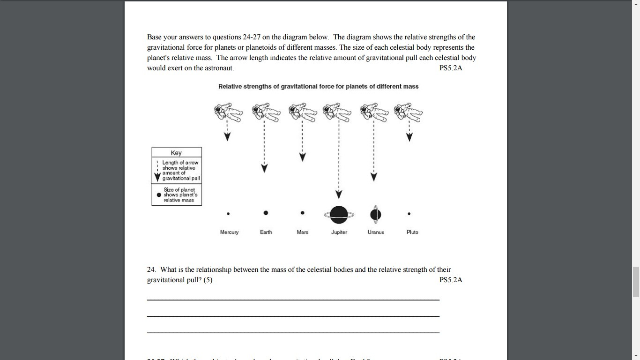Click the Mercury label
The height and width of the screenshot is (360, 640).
point(229,232)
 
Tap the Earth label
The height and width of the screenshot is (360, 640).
point(266,232)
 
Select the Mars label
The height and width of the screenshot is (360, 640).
point(302,232)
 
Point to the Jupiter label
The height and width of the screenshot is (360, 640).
point(339,232)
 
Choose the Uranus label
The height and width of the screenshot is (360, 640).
point(376,232)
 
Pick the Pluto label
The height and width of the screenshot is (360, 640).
point(412,232)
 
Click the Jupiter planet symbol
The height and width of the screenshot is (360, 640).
point(339,215)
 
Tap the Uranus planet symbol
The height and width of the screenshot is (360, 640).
point(375,214)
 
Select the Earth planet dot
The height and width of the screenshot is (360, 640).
point(266,213)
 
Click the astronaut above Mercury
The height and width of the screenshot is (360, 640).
point(228,112)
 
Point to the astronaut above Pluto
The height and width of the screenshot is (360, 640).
point(408,112)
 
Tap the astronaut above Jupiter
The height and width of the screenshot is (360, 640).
point(338,112)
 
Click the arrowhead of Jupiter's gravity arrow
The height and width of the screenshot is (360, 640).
point(339,195)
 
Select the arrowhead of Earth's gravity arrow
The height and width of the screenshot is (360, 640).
point(264,168)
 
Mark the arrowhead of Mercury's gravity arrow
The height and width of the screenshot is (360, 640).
point(227,136)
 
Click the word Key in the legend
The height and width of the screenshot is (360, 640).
point(176,153)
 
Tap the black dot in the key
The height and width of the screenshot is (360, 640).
point(159,195)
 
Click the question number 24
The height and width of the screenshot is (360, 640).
point(151,270)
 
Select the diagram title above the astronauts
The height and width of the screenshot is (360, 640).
point(318,86)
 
